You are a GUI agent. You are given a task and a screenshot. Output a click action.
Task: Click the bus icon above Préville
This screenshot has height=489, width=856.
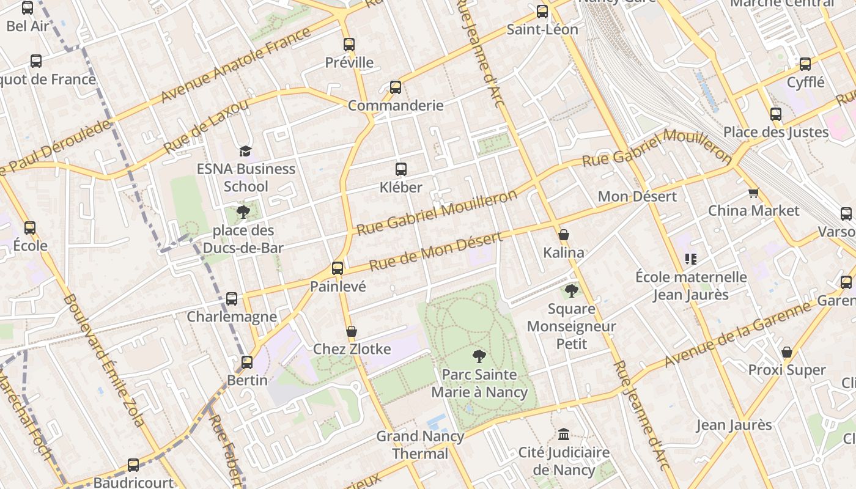[x=349, y=45]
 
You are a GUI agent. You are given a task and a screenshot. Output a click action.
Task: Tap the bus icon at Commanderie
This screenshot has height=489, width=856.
[x=396, y=87]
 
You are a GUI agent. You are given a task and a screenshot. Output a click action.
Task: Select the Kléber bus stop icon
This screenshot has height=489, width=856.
[x=401, y=169]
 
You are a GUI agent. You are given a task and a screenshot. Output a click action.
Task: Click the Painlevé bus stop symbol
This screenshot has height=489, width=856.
[x=338, y=268]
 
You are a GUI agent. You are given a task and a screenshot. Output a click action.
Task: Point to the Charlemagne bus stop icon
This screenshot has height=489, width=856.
[x=232, y=299]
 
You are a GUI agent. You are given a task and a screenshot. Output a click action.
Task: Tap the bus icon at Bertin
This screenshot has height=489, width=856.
[x=247, y=362]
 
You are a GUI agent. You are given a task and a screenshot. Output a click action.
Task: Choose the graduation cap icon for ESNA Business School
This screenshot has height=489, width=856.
[x=245, y=151]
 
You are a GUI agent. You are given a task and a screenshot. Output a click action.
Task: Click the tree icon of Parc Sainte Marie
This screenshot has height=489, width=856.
[x=479, y=356]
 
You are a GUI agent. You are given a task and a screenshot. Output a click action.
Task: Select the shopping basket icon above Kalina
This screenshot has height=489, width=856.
[x=564, y=235]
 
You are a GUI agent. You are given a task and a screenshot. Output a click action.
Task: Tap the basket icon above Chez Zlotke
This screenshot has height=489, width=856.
[x=352, y=331]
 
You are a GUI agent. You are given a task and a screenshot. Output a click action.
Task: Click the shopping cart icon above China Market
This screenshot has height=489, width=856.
[x=753, y=193]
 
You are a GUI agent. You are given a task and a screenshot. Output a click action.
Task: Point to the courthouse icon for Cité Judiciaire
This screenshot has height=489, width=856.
[x=564, y=435]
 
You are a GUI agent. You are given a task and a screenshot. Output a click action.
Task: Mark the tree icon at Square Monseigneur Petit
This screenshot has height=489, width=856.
[x=572, y=291]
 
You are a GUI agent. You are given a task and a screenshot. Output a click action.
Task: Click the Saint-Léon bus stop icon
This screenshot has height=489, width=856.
[x=542, y=12]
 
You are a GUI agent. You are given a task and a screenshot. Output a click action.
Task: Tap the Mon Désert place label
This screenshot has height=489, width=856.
[x=637, y=196]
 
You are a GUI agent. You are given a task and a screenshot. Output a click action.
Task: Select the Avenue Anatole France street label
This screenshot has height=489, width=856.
[x=235, y=65]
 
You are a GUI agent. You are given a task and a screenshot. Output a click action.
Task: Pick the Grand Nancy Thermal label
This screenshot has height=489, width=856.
[x=420, y=445]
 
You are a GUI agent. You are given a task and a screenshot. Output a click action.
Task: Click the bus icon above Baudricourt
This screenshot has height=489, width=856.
[x=133, y=465]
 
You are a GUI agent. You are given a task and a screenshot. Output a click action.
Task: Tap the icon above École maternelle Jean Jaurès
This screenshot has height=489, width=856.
[x=691, y=259]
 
